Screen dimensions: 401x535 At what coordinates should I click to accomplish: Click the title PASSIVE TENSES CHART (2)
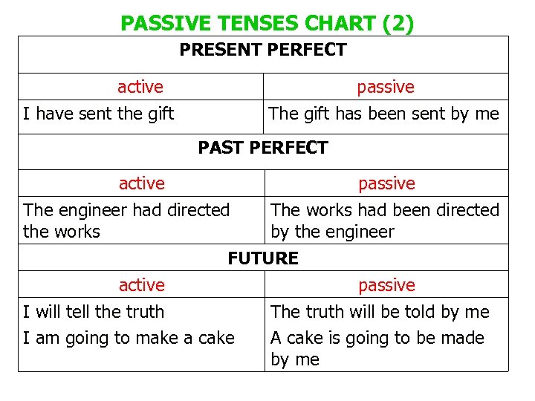coord(267,24)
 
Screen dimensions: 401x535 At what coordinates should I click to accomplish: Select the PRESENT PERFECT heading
coord(263,50)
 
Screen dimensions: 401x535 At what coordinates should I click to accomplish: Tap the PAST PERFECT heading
coord(262,148)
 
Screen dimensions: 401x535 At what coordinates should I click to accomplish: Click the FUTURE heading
coord(263,258)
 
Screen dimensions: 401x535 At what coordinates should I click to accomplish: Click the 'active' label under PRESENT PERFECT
coord(140,87)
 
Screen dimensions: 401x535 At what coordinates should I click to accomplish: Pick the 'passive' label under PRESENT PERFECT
coord(386,87)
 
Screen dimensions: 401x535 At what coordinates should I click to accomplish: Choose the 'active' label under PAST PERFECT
coord(142,183)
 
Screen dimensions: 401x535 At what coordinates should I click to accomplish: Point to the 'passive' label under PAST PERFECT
coord(387,183)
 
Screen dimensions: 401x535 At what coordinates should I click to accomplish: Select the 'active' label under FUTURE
coord(142,285)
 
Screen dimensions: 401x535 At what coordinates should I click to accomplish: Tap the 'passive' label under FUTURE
coord(387,285)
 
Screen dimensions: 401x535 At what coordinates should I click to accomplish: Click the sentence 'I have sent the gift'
coord(98,114)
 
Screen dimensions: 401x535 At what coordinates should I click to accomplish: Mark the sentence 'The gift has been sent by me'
coord(383,114)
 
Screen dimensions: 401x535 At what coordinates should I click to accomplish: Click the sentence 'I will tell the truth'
coord(94,312)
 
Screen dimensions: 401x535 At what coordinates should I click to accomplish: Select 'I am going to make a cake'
coord(129,339)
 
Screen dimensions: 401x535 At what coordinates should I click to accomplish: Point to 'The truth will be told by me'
coord(380,312)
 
